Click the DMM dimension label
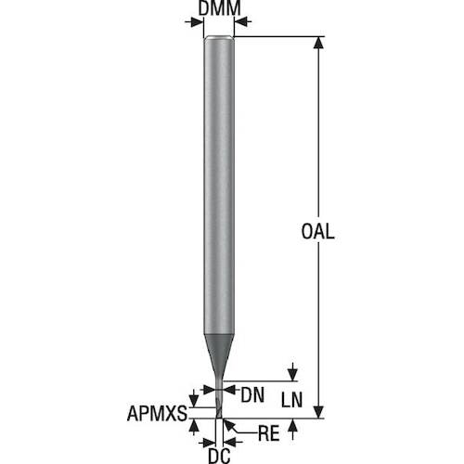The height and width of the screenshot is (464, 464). [219, 8]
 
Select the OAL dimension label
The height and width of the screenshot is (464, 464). [317, 231]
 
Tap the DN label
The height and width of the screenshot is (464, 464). [252, 395]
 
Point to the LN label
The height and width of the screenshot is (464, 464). [291, 400]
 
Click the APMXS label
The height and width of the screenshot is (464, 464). [157, 413]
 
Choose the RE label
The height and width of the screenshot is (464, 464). [268, 433]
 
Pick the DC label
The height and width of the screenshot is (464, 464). [219, 456]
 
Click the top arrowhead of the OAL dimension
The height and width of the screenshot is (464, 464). [318, 43]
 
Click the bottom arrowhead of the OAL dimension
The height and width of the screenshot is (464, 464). [318, 412]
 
